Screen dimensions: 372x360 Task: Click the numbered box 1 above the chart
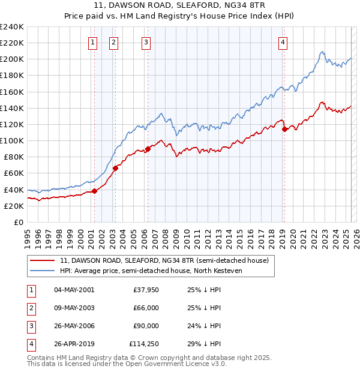click(x=94, y=42)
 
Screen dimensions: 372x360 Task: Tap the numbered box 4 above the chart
click(x=283, y=42)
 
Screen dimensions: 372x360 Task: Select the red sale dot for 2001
click(x=94, y=191)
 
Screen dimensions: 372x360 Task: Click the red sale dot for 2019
click(x=284, y=129)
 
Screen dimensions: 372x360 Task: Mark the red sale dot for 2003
click(x=116, y=169)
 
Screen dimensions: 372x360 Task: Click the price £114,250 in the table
click(x=144, y=344)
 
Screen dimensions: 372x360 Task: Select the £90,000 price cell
click(x=146, y=326)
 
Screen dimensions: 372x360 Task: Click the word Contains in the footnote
click(x=41, y=358)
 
